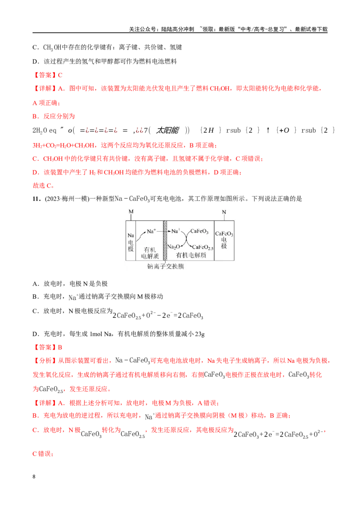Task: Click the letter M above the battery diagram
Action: (131, 212)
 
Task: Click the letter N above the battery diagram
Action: (224, 212)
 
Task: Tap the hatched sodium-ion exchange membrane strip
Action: (165, 241)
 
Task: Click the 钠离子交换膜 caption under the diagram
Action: (166, 267)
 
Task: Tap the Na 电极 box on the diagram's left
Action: (130, 241)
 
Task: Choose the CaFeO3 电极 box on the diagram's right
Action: (224, 241)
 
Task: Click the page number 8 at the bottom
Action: (34, 477)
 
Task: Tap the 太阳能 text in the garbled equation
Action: (167, 130)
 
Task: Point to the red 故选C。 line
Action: (43, 186)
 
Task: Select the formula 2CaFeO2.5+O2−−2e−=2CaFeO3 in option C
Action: (158, 315)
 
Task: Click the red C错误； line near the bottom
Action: (43, 454)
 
